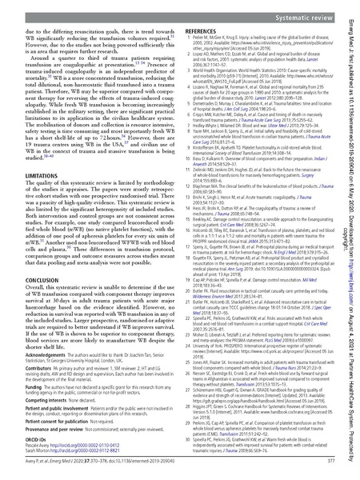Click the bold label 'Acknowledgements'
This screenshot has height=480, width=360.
(37, 381)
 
